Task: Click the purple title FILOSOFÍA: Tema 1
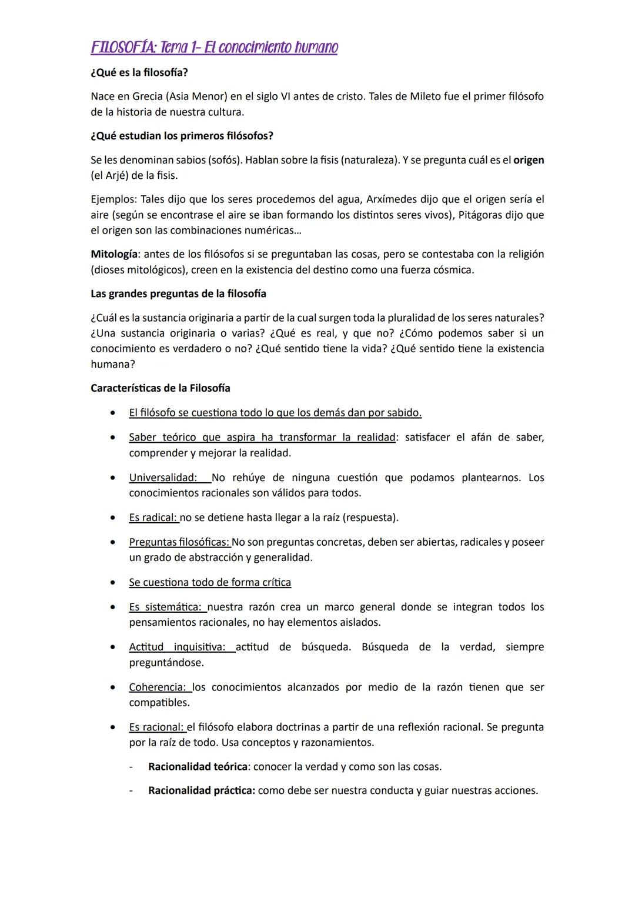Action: pyautogui.click(x=214, y=47)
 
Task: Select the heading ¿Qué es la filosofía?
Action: pyautogui.click(x=139, y=72)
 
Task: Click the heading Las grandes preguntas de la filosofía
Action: pyautogui.click(x=178, y=293)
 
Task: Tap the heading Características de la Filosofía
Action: pyautogui.click(x=160, y=388)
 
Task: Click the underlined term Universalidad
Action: pyautogui.click(x=162, y=478)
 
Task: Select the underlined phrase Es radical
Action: pyautogui.click(x=152, y=518)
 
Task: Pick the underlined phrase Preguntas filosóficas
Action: pyautogui.click(x=179, y=542)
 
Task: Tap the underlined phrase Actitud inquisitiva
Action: pyautogui.click(x=177, y=647)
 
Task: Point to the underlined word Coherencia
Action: pyautogui.click(x=157, y=687)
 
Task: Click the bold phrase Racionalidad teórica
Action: pyautogui.click(x=198, y=766)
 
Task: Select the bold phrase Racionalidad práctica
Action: pyautogui.click(x=201, y=790)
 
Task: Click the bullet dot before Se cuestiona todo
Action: pyautogui.click(x=112, y=582)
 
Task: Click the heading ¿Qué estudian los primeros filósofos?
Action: pyautogui.click(x=182, y=136)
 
